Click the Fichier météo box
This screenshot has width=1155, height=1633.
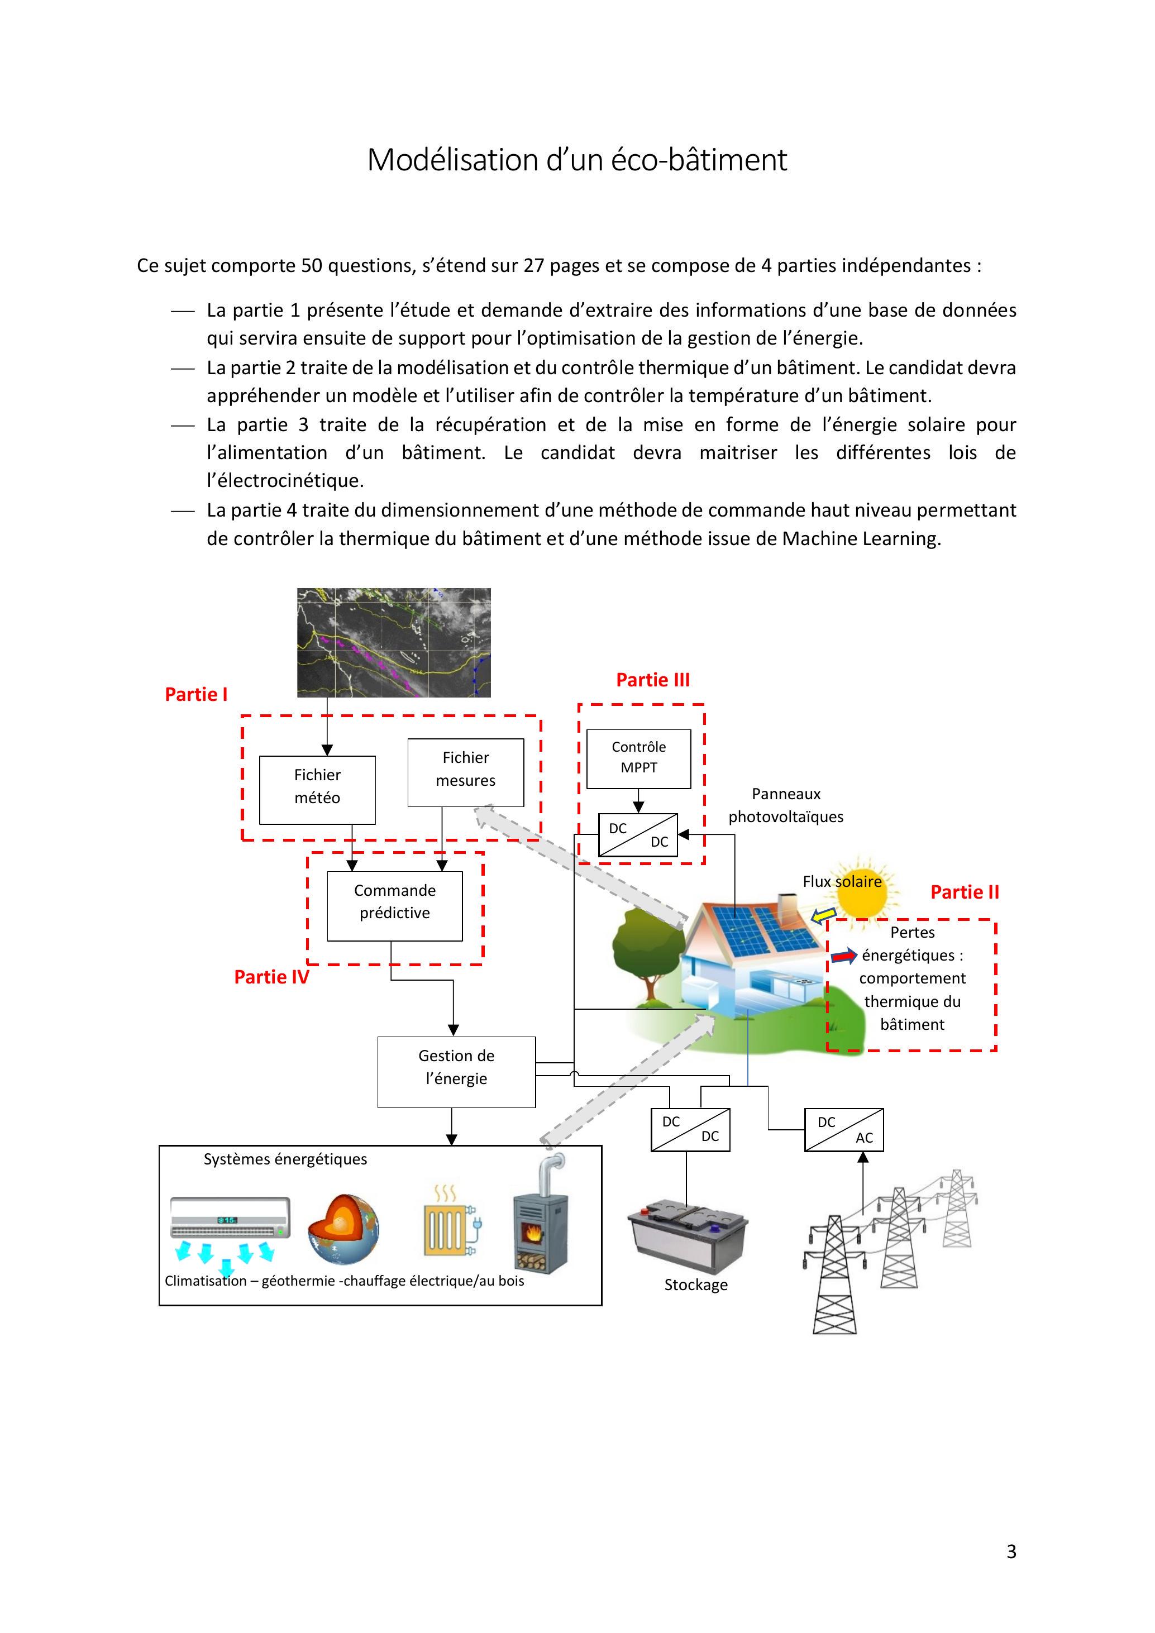[317, 790]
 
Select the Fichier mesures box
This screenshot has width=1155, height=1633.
[465, 772]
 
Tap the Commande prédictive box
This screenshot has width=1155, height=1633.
[395, 905]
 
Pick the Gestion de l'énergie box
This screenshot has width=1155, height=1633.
[456, 1071]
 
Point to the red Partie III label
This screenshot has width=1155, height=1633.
[652, 680]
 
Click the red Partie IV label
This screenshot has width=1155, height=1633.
[271, 977]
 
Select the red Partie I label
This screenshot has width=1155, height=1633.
[195, 694]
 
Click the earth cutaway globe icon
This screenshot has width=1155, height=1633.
[343, 1228]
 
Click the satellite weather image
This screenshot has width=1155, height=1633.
[393, 642]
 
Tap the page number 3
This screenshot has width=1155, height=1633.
[1011, 1551]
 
